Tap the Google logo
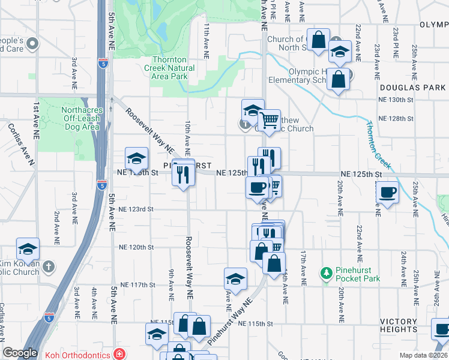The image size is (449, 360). coord(20,353)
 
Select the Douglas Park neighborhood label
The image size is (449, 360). coord(420,88)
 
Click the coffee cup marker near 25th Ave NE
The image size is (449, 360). coord(387,193)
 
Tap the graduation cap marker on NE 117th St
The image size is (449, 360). coord(235,278)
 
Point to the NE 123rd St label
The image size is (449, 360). coord(136,209)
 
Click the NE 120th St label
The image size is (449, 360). coord(136,247)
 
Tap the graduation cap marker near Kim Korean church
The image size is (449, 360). coord(28,249)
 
